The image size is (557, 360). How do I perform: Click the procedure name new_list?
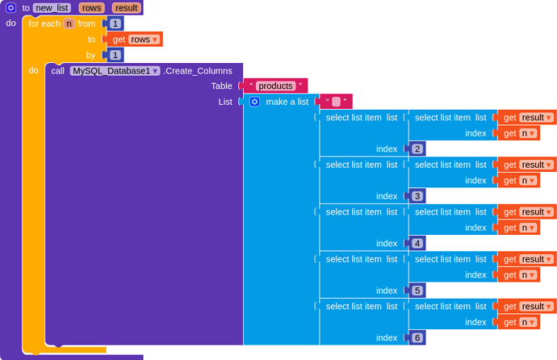[52, 7]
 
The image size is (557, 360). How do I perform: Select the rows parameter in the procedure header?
[91, 7]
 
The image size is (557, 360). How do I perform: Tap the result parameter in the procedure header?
[126, 7]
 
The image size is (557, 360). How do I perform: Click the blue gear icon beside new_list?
[11, 7]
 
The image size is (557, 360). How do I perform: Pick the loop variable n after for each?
[69, 23]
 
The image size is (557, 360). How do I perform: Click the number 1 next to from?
[115, 23]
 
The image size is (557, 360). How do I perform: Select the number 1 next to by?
[115, 55]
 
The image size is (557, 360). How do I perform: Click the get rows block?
[133, 39]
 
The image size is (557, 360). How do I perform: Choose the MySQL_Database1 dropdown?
[115, 70]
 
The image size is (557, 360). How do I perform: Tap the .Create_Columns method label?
[198, 70]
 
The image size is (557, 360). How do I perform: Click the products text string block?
[275, 86]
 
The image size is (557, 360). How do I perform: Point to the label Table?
[221, 86]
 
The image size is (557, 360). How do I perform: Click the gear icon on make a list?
[254, 102]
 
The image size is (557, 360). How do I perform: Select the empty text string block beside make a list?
[336, 102]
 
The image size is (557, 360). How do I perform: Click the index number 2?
[417, 149]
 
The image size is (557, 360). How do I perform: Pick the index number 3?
[417, 195]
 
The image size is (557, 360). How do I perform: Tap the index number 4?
[417, 243]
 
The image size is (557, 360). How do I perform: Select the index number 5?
[417, 290]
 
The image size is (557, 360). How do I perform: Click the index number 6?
[417, 337]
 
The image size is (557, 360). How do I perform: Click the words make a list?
[287, 102]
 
